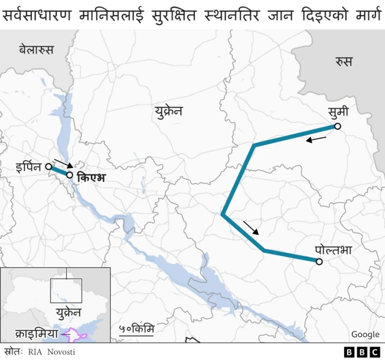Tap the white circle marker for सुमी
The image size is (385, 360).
coord(337,126)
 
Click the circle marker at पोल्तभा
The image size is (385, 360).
coord(319,261)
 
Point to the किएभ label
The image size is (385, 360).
coord(91,178)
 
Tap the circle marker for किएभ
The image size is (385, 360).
coord(70,175)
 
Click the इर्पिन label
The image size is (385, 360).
coord(30,167)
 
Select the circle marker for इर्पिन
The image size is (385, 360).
coord(48,167)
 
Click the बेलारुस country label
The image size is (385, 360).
coord(36,50)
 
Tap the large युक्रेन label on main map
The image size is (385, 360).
coord(168,111)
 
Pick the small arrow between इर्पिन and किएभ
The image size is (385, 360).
coord(63,163)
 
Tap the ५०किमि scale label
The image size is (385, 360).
coord(137,329)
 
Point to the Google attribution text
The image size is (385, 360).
coord(365,334)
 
